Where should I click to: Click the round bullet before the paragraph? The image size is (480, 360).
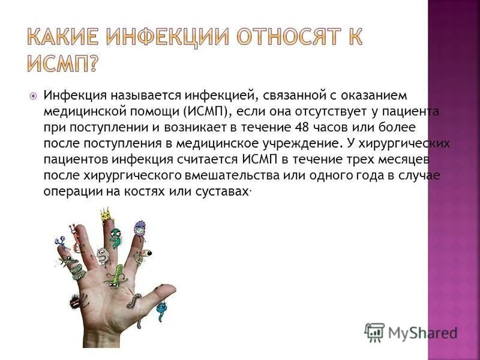coord(34,96)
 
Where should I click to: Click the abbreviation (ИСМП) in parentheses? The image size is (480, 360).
coord(206,112)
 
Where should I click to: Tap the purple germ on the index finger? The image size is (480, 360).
coord(140,228)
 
